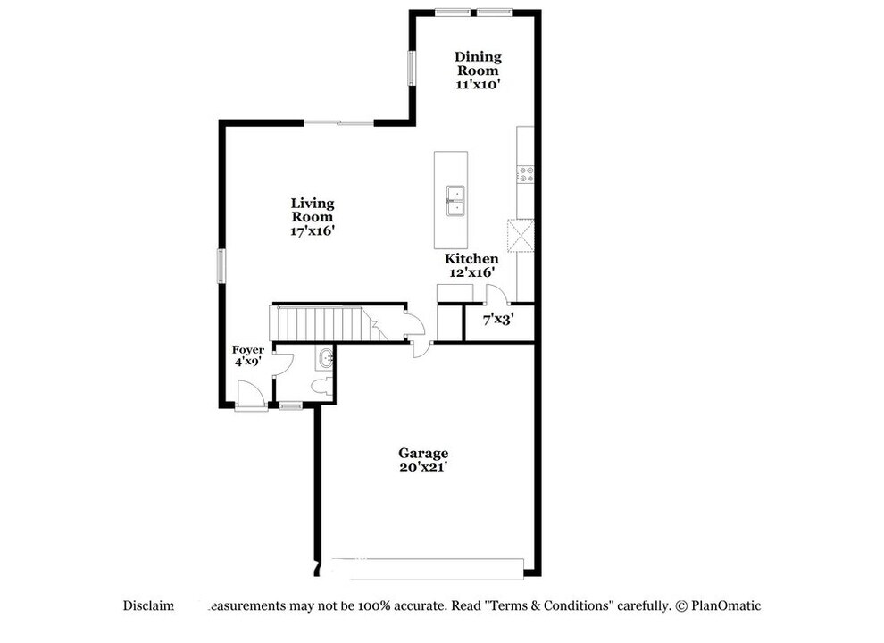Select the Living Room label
pos(313,210)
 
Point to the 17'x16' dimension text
pos(313,230)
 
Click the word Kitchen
pos(471,258)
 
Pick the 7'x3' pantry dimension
pos(497,318)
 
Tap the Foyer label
pos(248,349)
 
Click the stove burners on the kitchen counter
pos(525,174)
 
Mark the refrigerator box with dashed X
pos(520,236)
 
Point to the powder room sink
pos(326,359)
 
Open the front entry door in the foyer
pos(251,395)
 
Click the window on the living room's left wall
pos(221,266)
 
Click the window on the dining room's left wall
pos(412,67)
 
